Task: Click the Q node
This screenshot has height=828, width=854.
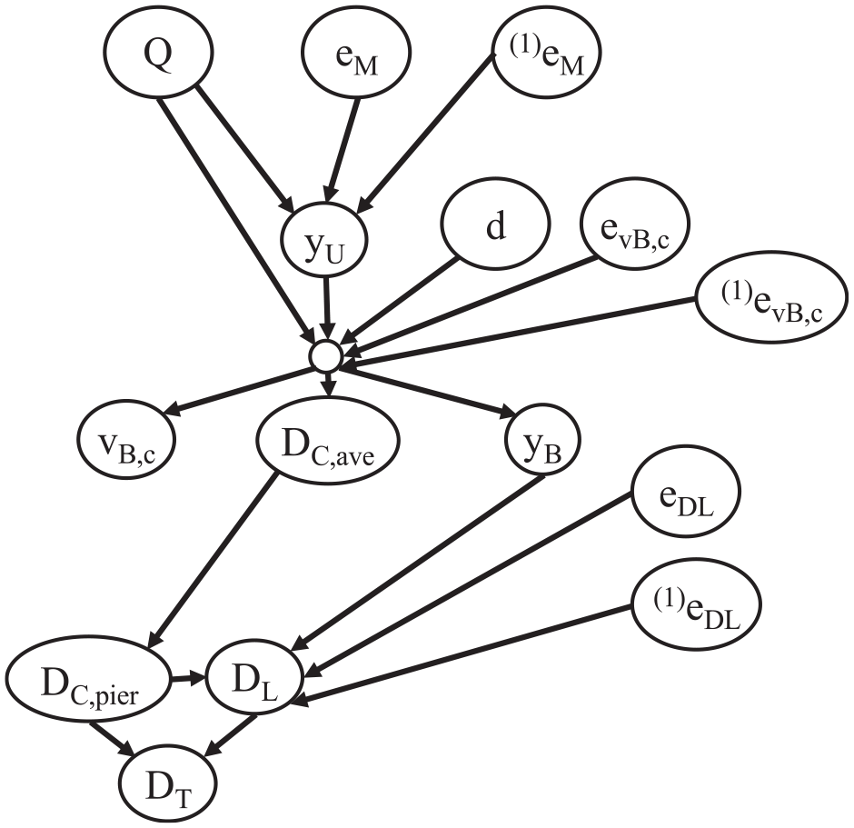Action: (x=158, y=53)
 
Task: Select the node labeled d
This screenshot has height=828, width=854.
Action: (x=496, y=224)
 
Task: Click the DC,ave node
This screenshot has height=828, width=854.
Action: (x=328, y=440)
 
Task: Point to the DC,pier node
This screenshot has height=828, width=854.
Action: (x=89, y=681)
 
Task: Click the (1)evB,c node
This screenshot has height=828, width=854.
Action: (x=772, y=297)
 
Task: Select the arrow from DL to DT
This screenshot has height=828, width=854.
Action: (x=231, y=735)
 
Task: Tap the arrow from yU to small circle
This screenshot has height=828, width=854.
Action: (x=326, y=309)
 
